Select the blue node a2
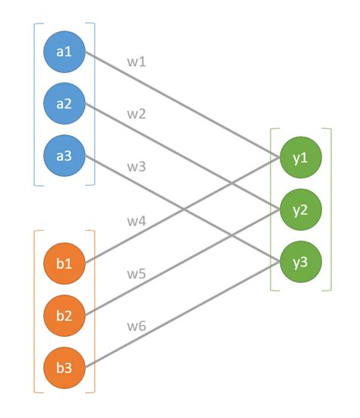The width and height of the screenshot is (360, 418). [x=64, y=104]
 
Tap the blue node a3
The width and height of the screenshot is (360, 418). [x=64, y=156]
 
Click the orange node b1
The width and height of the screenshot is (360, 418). [x=64, y=263]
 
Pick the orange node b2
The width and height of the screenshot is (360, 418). [x=64, y=316]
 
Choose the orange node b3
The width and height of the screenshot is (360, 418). [x=64, y=368]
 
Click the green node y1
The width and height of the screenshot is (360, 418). [x=301, y=158]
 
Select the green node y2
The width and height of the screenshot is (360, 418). [x=301, y=209]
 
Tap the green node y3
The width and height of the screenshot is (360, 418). [x=301, y=262]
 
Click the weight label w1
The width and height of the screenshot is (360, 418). [x=137, y=61]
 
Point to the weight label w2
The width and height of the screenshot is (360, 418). [x=137, y=115]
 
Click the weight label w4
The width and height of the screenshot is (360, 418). [x=137, y=222]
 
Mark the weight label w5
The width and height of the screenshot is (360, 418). [x=137, y=275]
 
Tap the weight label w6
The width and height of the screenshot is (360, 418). [x=137, y=327]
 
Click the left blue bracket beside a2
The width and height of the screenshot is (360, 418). [x=35, y=104]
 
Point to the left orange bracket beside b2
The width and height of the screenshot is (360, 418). [x=35, y=316]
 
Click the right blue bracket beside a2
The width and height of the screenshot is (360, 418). [x=94, y=104]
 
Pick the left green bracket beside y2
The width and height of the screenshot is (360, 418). [x=271, y=209]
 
